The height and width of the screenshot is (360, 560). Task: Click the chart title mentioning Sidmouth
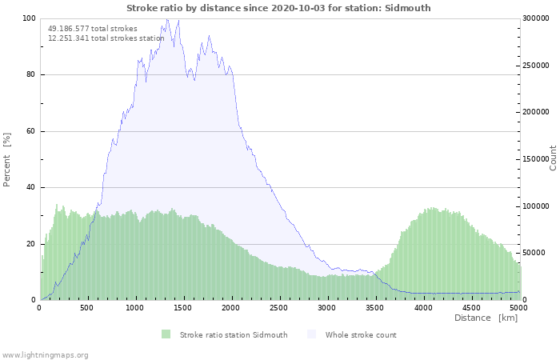pyautogui.click(x=278, y=8)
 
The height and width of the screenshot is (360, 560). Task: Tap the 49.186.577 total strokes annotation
pyautogui.click(x=92, y=29)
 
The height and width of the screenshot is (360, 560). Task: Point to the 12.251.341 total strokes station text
pyautogui.click(x=106, y=38)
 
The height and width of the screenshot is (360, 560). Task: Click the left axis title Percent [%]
pyautogui.click(x=7, y=159)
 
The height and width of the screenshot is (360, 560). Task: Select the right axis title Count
pyautogui.click(x=553, y=158)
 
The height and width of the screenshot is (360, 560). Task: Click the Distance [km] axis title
pyautogui.click(x=486, y=318)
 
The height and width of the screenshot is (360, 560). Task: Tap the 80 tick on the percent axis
pyautogui.click(x=30, y=75)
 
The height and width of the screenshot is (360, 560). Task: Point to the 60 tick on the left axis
pyautogui.click(x=30, y=131)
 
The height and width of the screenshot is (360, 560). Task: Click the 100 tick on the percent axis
pyautogui.click(x=28, y=18)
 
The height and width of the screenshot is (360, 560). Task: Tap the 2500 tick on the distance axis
pyautogui.click(x=279, y=307)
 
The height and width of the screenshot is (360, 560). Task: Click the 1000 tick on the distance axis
pyautogui.click(x=135, y=307)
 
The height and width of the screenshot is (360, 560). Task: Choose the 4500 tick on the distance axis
pyautogui.click(x=470, y=307)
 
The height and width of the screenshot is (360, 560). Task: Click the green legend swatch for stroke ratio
pyautogui.click(x=166, y=334)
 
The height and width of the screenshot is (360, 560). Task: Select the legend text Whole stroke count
pyautogui.click(x=361, y=335)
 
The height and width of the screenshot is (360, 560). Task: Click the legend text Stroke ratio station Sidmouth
pyautogui.click(x=234, y=335)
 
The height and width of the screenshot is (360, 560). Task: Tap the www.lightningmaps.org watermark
pyautogui.click(x=45, y=354)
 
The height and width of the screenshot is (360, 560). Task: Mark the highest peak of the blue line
pyautogui.click(x=167, y=19)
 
